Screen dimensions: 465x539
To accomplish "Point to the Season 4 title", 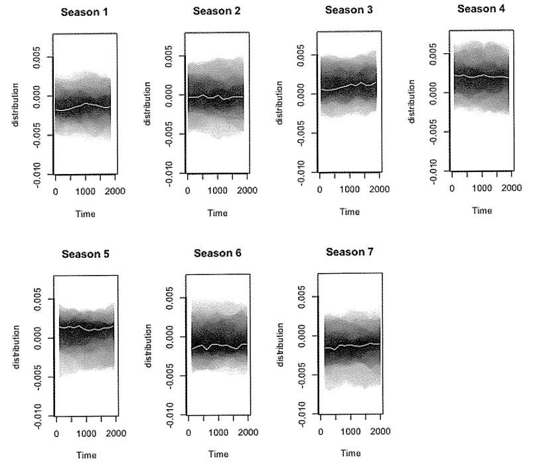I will [x=481, y=9].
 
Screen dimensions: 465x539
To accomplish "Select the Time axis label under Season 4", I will [x=481, y=211].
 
